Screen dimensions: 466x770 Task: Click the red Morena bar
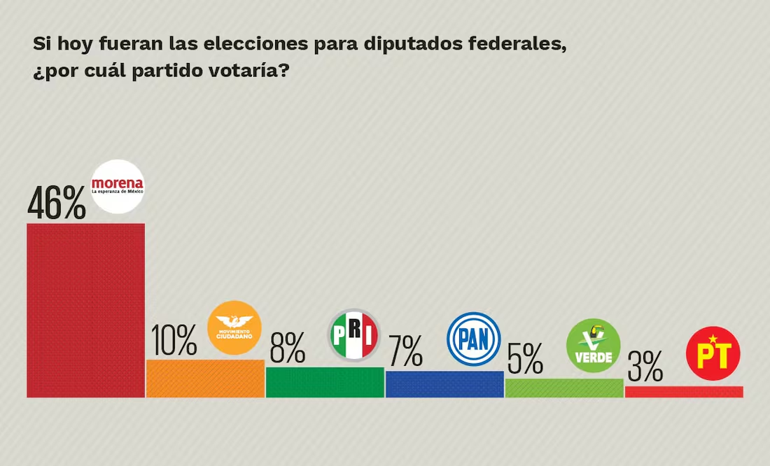(x=85, y=310)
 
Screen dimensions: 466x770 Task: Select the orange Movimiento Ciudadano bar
(x=205, y=379)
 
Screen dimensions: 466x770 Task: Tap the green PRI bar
(x=325, y=382)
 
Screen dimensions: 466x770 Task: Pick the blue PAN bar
(x=444, y=384)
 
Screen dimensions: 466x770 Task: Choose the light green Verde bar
(x=564, y=388)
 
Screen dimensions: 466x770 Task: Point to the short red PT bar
(x=684, y=392)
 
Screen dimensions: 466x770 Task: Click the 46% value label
(x=57, y=203)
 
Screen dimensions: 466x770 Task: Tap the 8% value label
(x=287, y=348)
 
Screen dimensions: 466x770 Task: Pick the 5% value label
(x=525, y=359)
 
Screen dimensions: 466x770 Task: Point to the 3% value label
(x=645, y=366)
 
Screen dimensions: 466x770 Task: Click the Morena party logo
(x=118, y=186)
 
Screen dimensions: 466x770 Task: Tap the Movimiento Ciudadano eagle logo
(x=234, y=327)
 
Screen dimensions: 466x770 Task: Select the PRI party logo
(x=354, y=335)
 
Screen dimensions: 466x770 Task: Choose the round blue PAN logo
(x=474, y=339)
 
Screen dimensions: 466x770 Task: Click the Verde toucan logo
(x=594, y=346)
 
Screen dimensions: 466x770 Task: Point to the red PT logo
(x=713, y=353)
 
